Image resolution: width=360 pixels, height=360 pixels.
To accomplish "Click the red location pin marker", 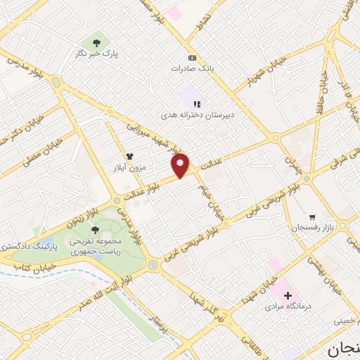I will click(x=181, y=165).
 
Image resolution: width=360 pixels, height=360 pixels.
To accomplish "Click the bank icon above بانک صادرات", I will click(x=192, y=58).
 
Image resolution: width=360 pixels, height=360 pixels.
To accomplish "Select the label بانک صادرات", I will click(x=192, y=69).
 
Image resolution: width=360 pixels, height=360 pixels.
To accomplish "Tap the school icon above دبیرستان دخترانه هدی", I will click(x=188, y=103).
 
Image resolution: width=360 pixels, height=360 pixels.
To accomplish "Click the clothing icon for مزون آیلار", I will click(x=129, y=156).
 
